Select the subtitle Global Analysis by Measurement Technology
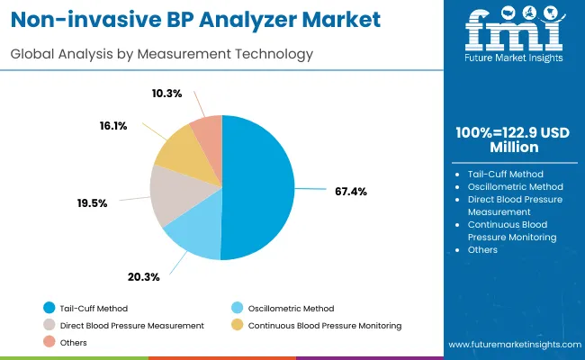point(162,54)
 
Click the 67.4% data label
point(350,191)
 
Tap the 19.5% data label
point(92,203)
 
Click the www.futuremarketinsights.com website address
point(511,345)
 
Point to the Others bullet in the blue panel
point(482,249)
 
